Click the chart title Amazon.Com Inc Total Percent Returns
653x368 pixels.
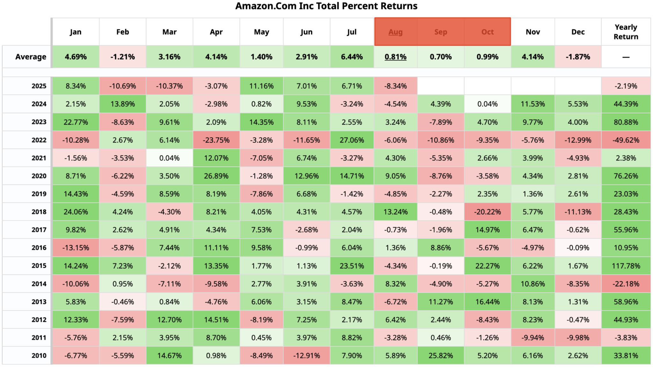pyautogui.click(x=326, y=6)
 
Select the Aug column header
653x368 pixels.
pyautogui.click(x=395, y=32)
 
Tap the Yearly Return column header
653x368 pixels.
pyautogui.click(x=626, y=32)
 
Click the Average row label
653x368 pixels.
pyautogui.click(x=31, y=57)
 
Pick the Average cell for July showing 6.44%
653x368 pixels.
pyautogui.click(x=352, y=57)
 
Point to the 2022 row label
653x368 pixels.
pyautogui.click(x=39, y=140)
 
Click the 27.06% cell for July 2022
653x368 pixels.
pyautogui.click(x=352, y=140)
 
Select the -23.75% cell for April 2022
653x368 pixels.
pyautogui.click(x=216, y=140)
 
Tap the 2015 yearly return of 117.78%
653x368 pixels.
pyautogui.click(x=626, y=266)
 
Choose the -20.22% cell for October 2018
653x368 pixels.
pyautogui.click(x=487, y=212)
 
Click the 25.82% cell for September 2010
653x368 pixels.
pyautogui.click(x=441, y=356)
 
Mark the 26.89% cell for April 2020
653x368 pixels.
pyautogui.click(x=216, y=176)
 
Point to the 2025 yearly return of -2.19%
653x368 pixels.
pyautogui.click(x=626, y=86)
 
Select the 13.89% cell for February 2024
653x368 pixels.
pyautogui.click(x=122, y=104)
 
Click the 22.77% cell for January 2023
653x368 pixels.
pyautogui.click(x=76, y=122)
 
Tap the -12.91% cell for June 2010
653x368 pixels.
pyautogui.click(x=306, y=356)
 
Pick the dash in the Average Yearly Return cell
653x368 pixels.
pyautogui.click(x=626, y=57)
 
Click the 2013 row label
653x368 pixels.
pyautogui.click(x=39, y=302)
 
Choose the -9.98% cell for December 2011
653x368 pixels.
pyautogui.click(x=578, y=338)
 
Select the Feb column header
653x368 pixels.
pyautogui.click(x=122, y=32)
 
